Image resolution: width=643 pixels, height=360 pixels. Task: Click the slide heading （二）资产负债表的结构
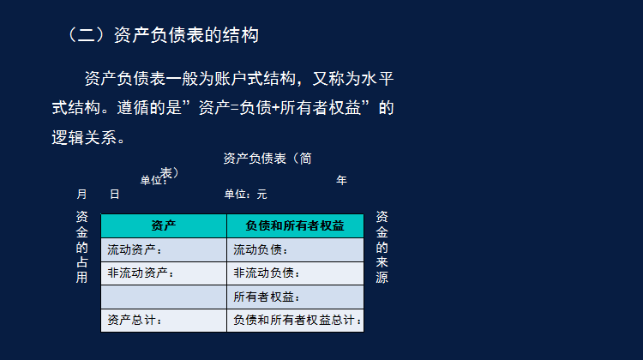(x=163, y=36)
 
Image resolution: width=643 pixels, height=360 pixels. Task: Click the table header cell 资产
(x=164, y=226)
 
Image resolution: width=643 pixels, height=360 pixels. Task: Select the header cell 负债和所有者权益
(x=295, y=226)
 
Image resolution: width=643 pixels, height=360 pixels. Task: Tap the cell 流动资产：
(x=135, y=250)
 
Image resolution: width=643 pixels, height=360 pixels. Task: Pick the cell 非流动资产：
(x=141, y=273)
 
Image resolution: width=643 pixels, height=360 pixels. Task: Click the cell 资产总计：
(x=135, y=321)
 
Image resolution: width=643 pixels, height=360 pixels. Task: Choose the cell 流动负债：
(x=261, y=250)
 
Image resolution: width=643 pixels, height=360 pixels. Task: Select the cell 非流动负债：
(x=267, y=273)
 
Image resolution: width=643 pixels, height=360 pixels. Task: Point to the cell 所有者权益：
(x=267, y=297)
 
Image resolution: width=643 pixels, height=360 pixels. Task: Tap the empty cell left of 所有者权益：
(x=164, y=297)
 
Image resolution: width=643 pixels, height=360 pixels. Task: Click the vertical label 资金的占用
(x=81, y=248)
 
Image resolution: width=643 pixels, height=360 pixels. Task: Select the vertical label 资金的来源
(x=382, y=248)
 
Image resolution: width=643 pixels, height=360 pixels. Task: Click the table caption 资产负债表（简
(x=267, y=159)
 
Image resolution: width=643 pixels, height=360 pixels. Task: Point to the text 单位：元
(x=246, y=195)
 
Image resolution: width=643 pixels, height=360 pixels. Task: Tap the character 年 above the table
(x=341, y=180)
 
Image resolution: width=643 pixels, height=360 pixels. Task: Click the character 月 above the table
(x=81, y=195)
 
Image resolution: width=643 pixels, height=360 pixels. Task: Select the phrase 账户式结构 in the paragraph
(x=243, y=80)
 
